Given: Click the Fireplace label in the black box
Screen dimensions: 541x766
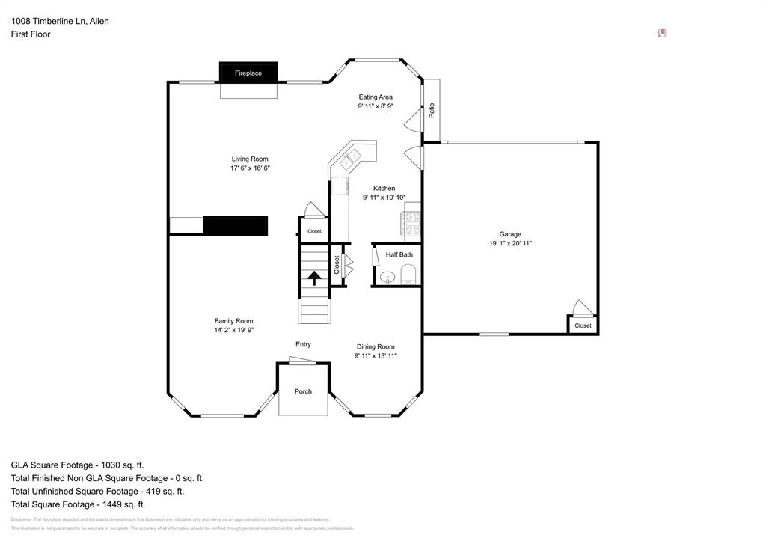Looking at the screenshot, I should [248, 73].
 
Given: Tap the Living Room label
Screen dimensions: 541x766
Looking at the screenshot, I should [249, 159].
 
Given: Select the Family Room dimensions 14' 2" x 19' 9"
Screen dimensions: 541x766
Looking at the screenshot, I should [233, 330].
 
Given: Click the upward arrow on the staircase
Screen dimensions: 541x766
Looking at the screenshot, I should [314, 278].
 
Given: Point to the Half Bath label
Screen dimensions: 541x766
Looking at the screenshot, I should [399, 255].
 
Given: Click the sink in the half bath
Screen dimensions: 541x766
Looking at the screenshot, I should [387, 278].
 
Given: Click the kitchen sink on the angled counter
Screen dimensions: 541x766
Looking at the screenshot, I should [349, 160].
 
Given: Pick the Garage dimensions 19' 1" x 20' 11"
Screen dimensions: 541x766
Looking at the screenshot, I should [510, 243].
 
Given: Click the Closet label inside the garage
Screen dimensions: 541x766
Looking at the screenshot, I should [583, 325].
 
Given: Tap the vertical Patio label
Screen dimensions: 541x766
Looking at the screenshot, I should [432, 110].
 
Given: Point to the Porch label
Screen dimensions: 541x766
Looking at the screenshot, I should [303, 391].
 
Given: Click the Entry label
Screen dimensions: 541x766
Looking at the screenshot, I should [303, 344].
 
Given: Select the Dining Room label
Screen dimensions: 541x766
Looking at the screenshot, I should [376, 346].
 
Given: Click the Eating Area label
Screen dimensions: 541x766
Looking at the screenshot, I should [376, 97].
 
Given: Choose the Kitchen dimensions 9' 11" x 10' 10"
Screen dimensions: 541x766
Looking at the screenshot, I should [384, 198].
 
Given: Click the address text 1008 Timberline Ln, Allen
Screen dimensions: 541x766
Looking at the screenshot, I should [60, 21].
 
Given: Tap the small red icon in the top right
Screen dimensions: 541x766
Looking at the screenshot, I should [661, 33].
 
